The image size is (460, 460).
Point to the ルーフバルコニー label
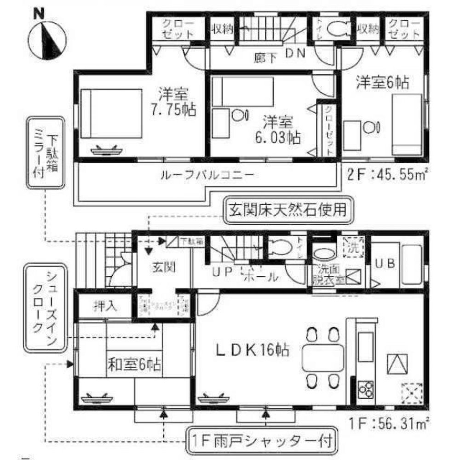pos(207,175)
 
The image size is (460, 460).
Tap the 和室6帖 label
pos(134,366)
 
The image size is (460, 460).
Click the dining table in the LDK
pos(322,355)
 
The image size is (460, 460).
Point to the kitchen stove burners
pos(366,389)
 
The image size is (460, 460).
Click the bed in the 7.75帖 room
pos(111,113)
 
